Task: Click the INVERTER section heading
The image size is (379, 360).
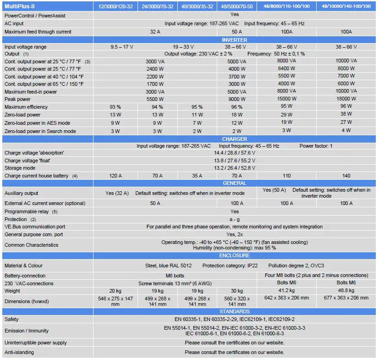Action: point(235,40)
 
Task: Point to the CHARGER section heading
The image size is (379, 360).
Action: point(235,139)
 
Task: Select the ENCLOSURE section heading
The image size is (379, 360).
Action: point(235,255)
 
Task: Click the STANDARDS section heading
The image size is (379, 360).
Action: point(235,311)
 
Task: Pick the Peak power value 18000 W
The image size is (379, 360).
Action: point(346,99)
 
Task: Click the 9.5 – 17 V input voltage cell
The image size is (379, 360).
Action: point(121,47)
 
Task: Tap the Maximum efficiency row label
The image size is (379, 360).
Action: point(26,107)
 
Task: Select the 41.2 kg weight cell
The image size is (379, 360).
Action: point(286,291)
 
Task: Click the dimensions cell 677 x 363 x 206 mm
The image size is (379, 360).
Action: point(346,298)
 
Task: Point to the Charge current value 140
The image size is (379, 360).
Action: point(346,176)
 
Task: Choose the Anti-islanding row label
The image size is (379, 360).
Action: point(19,353)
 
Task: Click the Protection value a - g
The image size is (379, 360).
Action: point(235,220)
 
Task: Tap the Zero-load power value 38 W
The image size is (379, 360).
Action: point(346,115)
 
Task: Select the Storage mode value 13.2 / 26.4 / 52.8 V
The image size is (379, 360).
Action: point(235,168)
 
